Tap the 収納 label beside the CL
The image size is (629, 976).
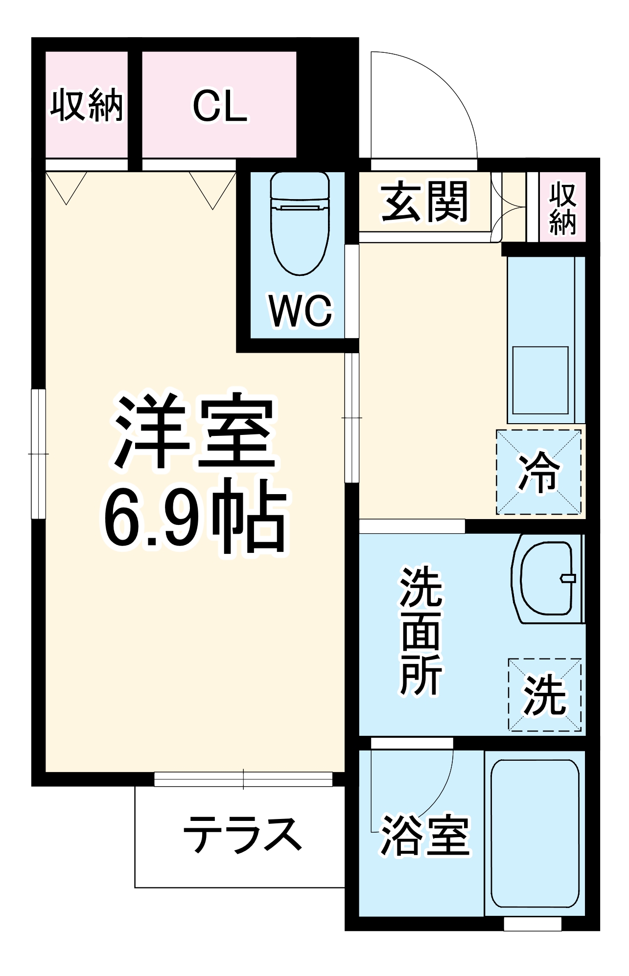click(87, 105)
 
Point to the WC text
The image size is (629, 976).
click(301, 311)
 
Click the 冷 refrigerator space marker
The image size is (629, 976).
click(539, 473)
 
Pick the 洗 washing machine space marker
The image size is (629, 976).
click(545, 695)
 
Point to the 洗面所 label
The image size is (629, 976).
click(421, 631)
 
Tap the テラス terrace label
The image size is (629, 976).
click(242, 834)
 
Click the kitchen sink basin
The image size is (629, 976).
click(540, 380)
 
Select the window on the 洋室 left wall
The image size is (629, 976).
click(39, 454)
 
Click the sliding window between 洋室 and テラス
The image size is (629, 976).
click(243, 779)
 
